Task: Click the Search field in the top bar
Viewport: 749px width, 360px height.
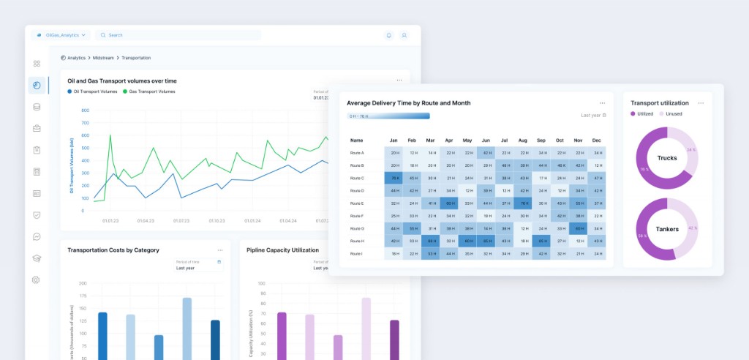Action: [x=176, y=34]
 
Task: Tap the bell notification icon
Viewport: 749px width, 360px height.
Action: [x=388, y=34]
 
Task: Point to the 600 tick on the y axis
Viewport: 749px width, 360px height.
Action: [x=86, y=135]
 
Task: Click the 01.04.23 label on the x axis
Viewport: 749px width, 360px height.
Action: [x=146, y=220]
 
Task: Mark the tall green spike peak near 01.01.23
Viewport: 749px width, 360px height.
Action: [x=110, y=135]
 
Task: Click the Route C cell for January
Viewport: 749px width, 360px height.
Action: [x=394, y=178]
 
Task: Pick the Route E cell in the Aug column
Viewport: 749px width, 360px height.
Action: [x=522, y=203]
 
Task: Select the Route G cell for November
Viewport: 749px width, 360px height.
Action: [x=578, y=228]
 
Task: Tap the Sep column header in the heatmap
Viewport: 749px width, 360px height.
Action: [x=541, y=140]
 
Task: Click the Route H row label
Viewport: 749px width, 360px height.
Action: [x=357, y=241]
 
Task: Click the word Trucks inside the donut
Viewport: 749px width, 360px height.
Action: [x=667, y=158]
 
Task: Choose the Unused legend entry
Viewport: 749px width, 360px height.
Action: [x=671, y=114]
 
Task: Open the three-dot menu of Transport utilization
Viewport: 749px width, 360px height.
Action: [x=701, y=103]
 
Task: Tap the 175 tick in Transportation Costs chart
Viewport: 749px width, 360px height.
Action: [x=83, y=300]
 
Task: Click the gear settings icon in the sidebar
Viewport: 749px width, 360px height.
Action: [x=37, y=280]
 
